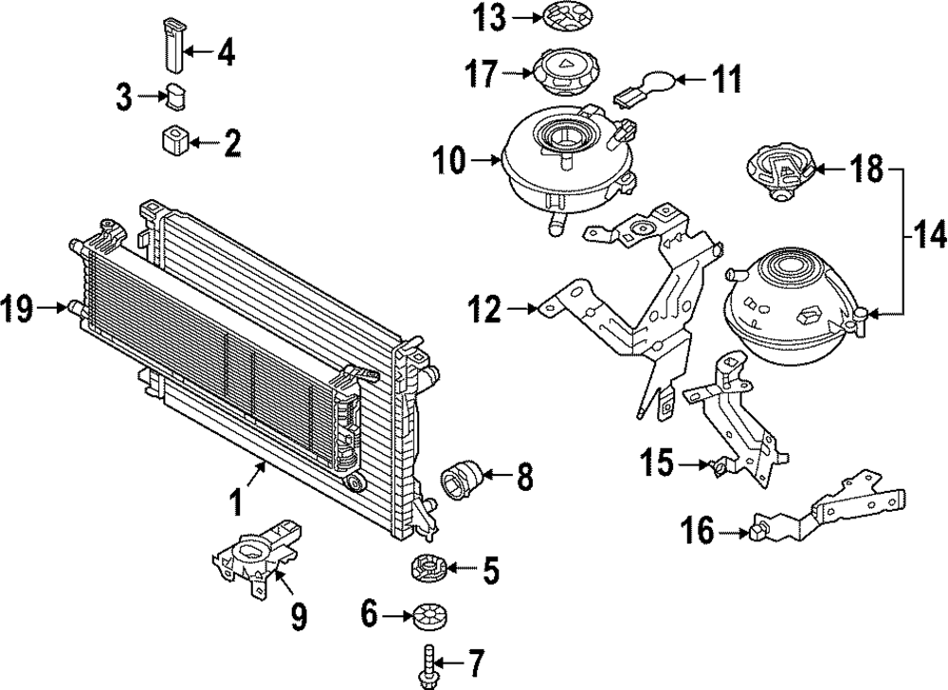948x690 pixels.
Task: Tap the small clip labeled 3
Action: coord(176,96)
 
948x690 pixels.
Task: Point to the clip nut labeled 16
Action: coord(759,532)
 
